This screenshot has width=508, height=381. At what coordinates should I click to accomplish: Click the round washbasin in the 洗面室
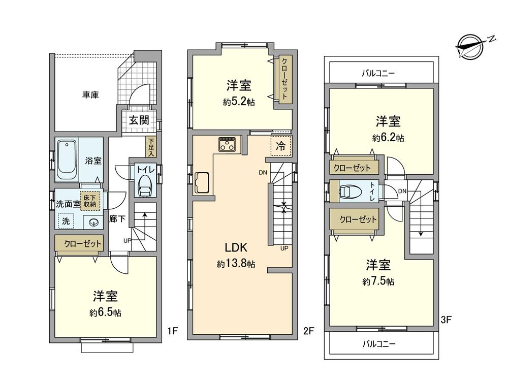(x=93, y=221)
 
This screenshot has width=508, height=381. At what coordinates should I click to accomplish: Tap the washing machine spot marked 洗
(x=66, y=221)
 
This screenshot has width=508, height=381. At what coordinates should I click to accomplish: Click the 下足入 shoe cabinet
(x=151, y=146)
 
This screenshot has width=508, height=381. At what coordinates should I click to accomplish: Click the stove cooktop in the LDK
(x=226, y=145)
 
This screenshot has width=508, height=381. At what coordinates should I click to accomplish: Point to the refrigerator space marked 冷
(x=281, y=144)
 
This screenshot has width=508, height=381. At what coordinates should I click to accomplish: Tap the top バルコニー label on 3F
(x=378, y=73)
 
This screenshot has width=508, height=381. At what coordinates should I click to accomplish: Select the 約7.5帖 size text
(x=378, y=281)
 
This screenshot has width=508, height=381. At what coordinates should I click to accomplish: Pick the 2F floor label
(x=309, y=331)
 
